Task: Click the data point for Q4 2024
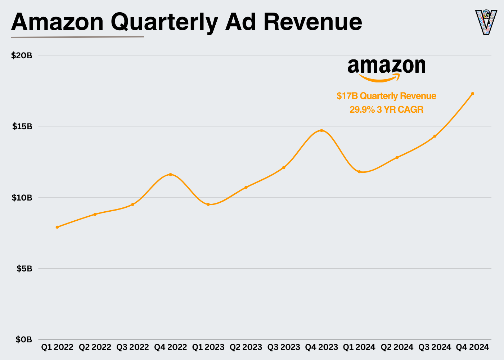[x=472, y=94]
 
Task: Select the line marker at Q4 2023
[x=321, y=130]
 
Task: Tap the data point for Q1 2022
[x=57, y=227]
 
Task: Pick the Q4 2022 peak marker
[x=171, y=175]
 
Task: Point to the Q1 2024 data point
[x=359, y=172]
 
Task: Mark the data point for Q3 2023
[x=284, y=167]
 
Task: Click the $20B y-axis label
[x=22, y=55]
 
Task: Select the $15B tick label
[x=22, y=126]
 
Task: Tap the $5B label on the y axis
[x=24, y=269]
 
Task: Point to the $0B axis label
[x=24, y=339]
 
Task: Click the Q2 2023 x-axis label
[x=246, y=347]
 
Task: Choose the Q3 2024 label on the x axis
[x=435, y=347]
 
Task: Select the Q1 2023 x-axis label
[x=208, y=347]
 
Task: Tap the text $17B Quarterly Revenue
[x=386, y=96]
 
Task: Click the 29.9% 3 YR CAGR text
[x=386, y=110]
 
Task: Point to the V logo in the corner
[x=486, y=22]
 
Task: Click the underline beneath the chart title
[x=77, y=37]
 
